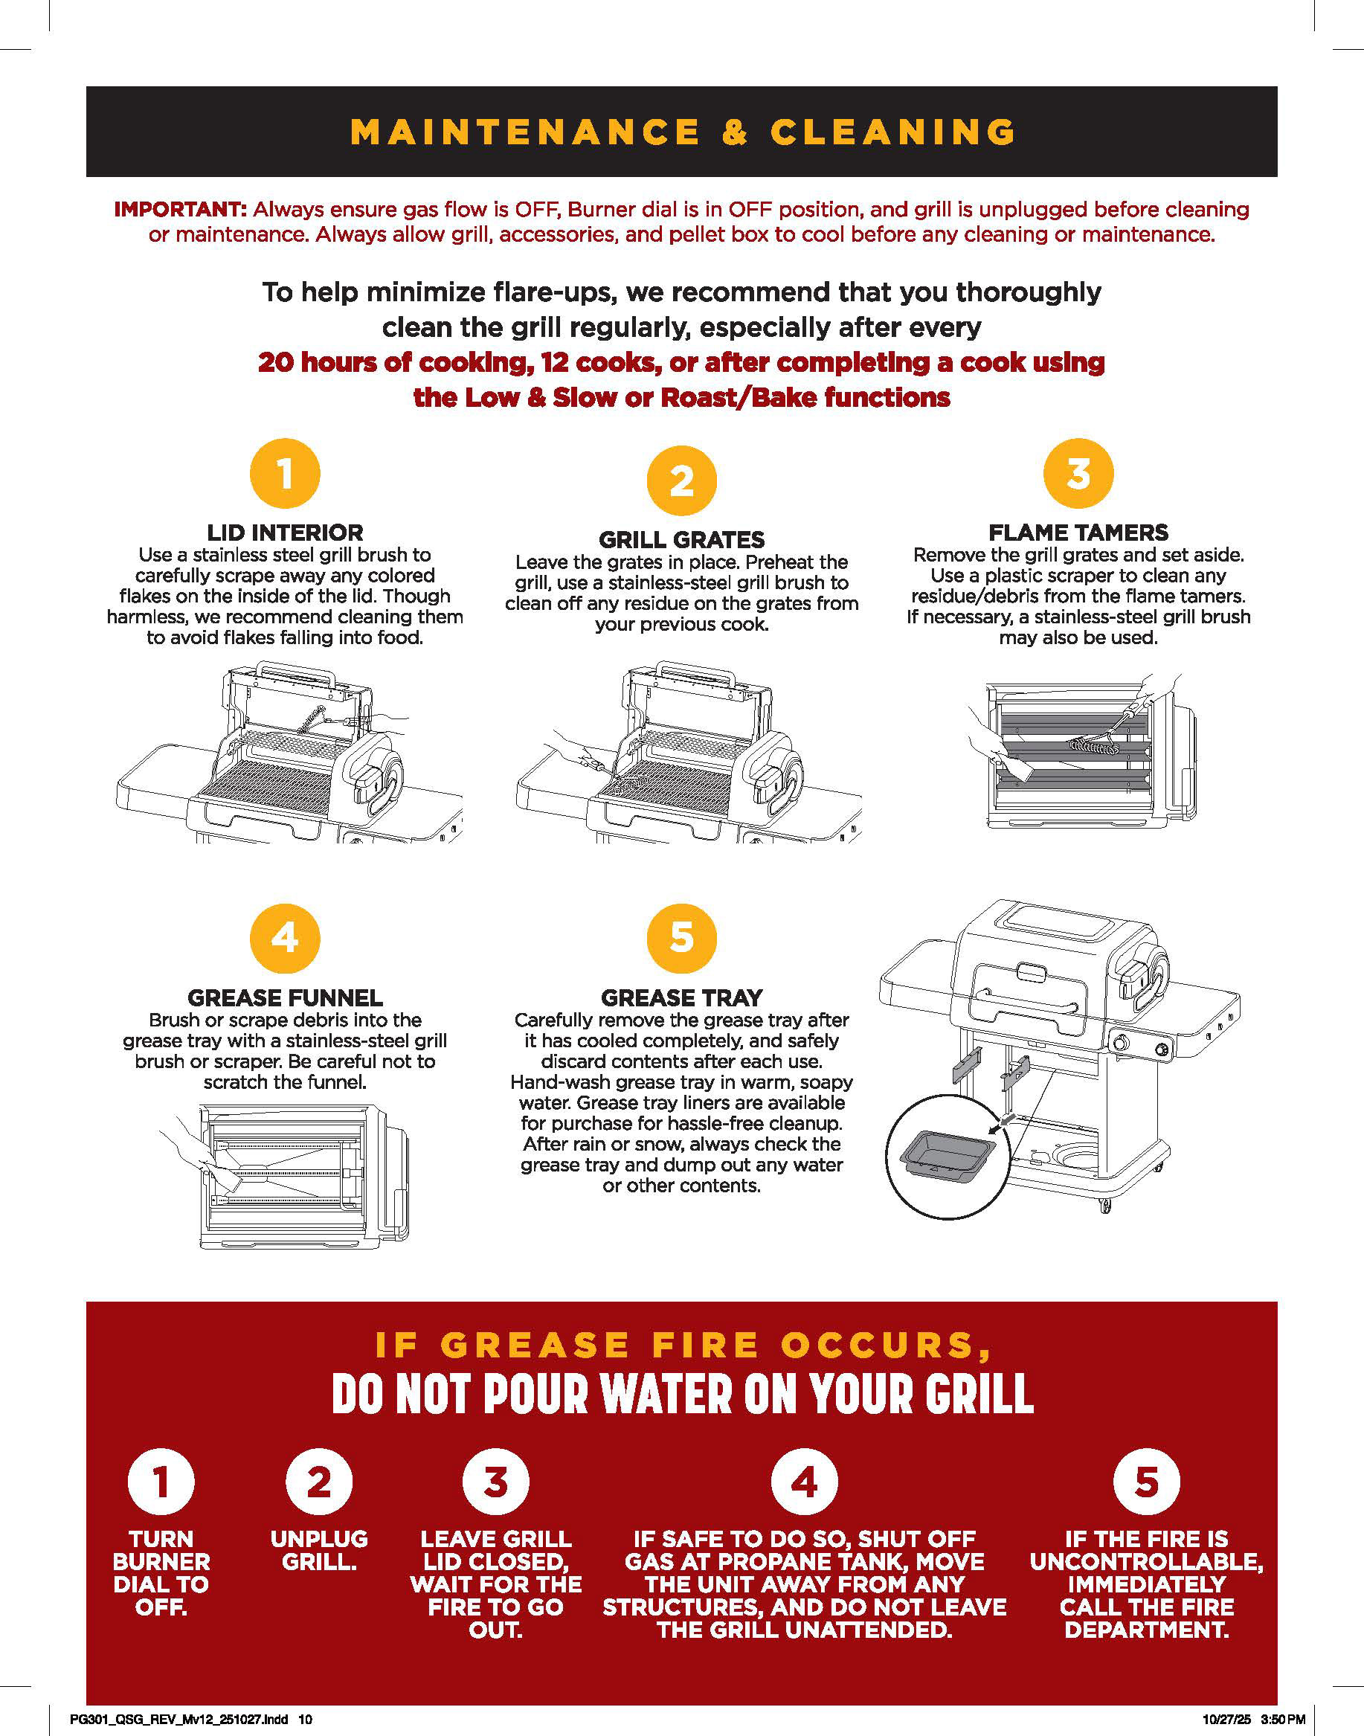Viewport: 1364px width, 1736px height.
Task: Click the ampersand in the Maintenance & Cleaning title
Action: click(735, 132)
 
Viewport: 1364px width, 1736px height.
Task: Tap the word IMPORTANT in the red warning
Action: click(180, 209)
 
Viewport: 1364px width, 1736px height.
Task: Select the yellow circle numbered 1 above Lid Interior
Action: click(285, 473)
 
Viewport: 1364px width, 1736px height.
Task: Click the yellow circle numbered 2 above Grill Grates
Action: click(681, 480)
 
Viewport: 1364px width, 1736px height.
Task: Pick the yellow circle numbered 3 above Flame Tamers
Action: click(1078, 473)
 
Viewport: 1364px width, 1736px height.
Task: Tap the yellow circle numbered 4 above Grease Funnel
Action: click(285, 938)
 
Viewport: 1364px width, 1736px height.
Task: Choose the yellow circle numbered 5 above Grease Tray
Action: click(681, 938)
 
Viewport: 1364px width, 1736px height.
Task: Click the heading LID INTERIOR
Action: click(285, 533)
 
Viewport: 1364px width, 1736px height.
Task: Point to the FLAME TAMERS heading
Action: click(1078, 533)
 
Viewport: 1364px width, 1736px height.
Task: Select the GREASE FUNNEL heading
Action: click(285, 998)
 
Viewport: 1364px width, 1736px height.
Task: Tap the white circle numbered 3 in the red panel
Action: click(496, 1482)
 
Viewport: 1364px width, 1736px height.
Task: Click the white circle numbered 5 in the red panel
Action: click(1147, 1482)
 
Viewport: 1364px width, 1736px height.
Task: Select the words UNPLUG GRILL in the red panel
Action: click(320, 1550)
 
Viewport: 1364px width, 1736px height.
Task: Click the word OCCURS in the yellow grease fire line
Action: click(887, 1346)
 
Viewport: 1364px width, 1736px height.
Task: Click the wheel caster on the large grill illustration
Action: click(1105, 1205)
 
